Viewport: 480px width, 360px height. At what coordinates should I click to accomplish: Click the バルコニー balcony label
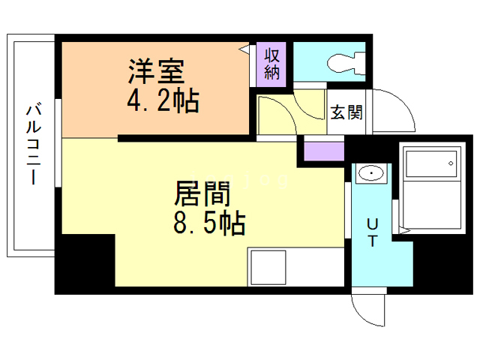point(33,144)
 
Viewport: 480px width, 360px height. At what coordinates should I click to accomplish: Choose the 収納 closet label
point(271,63)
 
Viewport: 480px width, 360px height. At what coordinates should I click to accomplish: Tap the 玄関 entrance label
point(346,113)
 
